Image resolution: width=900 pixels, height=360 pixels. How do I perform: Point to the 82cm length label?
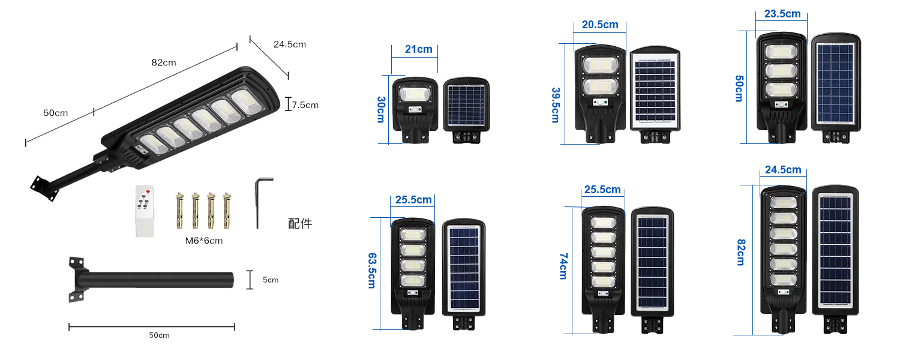coord(163,63)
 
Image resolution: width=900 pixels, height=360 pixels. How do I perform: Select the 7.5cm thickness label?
coord(304,106)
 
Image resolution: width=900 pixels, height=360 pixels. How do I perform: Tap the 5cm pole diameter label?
coord(268,280)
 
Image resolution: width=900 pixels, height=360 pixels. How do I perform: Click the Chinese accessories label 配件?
coord(301,224)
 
